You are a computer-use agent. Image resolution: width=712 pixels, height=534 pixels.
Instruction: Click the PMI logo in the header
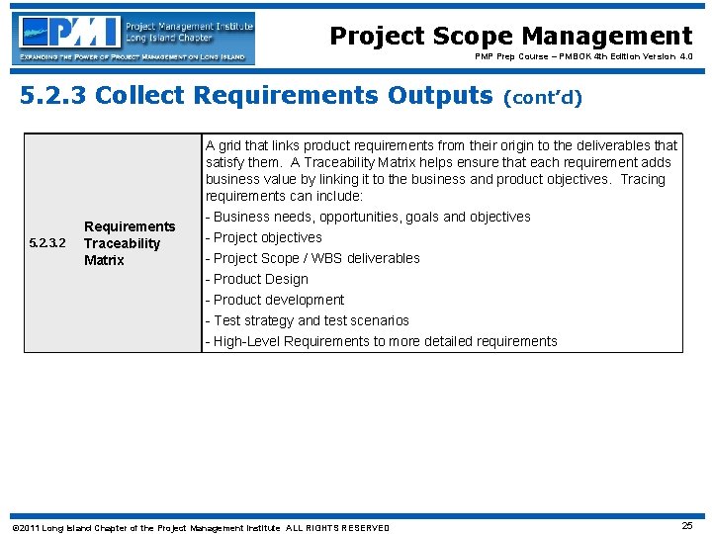(x=69, y=32)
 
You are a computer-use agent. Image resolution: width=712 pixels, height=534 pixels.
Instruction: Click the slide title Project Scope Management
(x=510, y=37)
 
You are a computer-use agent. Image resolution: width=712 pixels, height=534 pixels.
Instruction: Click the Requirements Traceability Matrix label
(x=129, y=243)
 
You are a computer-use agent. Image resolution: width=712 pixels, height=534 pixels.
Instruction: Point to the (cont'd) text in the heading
(x=543, y=97)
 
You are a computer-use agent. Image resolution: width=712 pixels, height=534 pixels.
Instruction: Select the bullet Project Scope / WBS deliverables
(x=311, y=258)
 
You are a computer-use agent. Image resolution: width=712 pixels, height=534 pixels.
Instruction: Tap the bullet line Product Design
(x=256, y=279)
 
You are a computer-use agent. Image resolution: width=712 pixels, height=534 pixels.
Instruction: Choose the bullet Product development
(x=274, y=300)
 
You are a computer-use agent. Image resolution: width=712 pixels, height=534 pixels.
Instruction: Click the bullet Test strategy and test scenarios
(x=307, y=320)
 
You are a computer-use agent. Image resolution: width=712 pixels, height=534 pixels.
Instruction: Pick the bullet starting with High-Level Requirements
(x=381, y=341)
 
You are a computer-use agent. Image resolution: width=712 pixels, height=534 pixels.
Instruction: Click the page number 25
(x=687, y=526)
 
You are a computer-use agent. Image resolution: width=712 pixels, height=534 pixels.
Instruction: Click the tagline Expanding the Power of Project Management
(x=133, y=58)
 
